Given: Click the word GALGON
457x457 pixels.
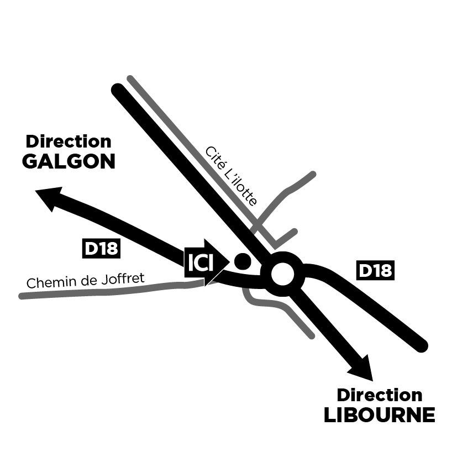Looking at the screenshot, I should tap(69, 161).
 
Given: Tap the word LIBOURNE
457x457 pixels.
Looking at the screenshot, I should tap(379, 415).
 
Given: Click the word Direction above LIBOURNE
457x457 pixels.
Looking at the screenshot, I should tap(380, 395).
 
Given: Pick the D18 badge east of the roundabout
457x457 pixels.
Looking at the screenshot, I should tap(375, 270).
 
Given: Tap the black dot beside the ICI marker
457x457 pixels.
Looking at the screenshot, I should tap(241, 260).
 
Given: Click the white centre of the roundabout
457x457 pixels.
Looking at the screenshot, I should tap(283, 272).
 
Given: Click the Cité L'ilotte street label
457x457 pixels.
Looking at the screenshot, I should tap(231, 176).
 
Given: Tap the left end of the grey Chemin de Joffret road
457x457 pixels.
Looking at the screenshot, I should tap(22, 296).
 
